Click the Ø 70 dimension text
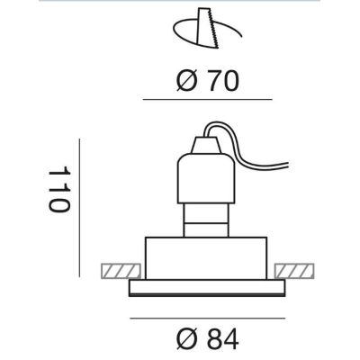(x=207, y=82)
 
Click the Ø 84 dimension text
(x=207, y=339)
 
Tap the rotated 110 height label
(x=59, y=190)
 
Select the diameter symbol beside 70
(x=186, y=82)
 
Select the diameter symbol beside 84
(x=186, y=339)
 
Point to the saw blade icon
(x=208, y=28)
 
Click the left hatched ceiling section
(x=121, y=271)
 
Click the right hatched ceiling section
(x=294, y=271)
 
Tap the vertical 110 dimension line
(x=79, y=208)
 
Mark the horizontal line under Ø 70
(x=208, y=99)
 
